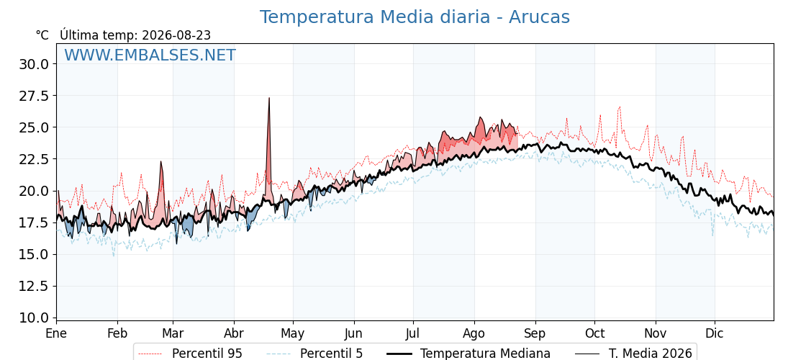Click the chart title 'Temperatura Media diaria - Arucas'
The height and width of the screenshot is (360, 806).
coord(415,17)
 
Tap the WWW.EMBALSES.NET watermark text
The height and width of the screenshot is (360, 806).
coord(150,55)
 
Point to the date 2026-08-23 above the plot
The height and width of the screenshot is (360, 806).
coord(176,35)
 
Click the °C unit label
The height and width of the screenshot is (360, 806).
coord(42,35)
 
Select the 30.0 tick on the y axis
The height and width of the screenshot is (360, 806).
coord(33,64)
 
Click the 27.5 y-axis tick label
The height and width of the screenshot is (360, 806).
coord(33,96)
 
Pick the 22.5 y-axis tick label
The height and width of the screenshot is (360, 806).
coord(33,159)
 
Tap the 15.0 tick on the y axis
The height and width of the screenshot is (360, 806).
coord(33,255)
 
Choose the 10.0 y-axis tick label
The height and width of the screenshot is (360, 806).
coord(33,318)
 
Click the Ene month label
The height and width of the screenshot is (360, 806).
coord(57,333)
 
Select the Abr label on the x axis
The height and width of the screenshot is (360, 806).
coord(234,333)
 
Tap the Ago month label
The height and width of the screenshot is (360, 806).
coord(474,333)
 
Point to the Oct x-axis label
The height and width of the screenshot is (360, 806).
coord(594,333)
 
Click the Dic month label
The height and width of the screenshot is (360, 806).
coord(715,333)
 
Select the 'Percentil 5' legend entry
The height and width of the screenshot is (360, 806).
coord(315,354)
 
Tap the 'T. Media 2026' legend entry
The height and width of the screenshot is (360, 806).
coord(633,354)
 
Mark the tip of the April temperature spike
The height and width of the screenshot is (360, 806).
coord(269,98)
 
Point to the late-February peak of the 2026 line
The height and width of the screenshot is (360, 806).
coord(161,161)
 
